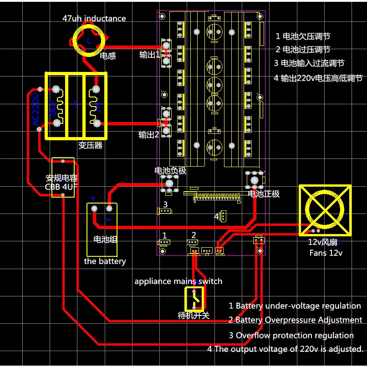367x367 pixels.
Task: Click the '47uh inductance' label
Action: [94, 19]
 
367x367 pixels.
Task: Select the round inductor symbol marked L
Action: [89, 40]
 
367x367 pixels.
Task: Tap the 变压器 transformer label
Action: [90, 146]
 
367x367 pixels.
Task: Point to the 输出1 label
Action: [149, 55]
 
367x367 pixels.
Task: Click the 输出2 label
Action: [149, 135]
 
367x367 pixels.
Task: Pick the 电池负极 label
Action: [171, 171]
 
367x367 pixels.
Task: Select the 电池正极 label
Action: [264, 194]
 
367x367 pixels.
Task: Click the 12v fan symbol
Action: [325, 210]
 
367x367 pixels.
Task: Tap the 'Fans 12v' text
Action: [326, 253]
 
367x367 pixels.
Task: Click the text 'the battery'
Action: [105, 261]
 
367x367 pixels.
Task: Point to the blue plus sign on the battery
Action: [92, 198]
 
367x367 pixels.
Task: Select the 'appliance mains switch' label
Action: [178, 281]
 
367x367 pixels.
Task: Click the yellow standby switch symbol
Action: [194, 298]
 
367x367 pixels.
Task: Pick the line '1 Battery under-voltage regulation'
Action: [295, 306]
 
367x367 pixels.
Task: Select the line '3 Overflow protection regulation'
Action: [291, 336]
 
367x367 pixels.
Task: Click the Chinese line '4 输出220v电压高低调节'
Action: [318, 78]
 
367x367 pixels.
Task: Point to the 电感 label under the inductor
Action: [108, 56]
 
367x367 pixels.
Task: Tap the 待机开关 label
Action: [193, 315]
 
